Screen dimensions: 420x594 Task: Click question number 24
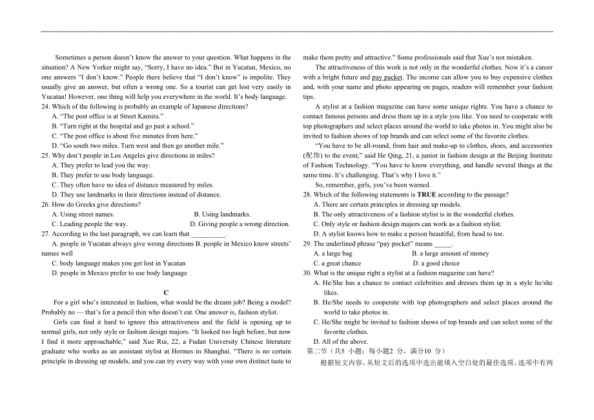tap(45, 107)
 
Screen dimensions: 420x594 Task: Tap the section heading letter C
tap(166, 293)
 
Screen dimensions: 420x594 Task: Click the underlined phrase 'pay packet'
tap(387, 78)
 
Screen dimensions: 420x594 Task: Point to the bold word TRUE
tap(427, 194)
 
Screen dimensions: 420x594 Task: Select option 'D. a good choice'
tap(436, 264)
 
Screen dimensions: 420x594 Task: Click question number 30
tap(307, 273)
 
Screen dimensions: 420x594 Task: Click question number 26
tap(45, 205)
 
